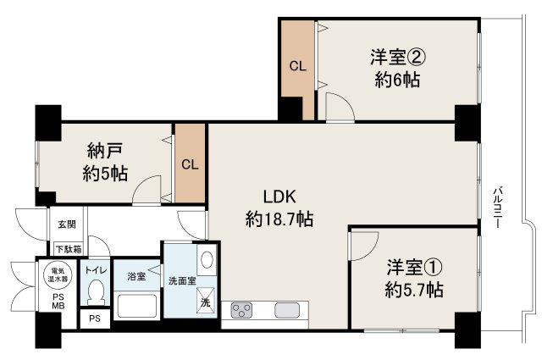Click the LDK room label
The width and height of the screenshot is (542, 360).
[x=279, y=197]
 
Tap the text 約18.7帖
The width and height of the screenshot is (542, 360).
[x=279, y=219]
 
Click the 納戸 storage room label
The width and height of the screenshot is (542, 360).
[x=105, y=152]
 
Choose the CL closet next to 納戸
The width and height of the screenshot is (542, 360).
[x=191, y=164]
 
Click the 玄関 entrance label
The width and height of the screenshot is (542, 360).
[x=66, y=225]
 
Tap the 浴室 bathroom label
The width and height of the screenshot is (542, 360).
[x=135, y=276]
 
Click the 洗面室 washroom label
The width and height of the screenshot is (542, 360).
[x=181, y=280]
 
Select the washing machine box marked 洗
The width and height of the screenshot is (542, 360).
[x=205, y=301]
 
